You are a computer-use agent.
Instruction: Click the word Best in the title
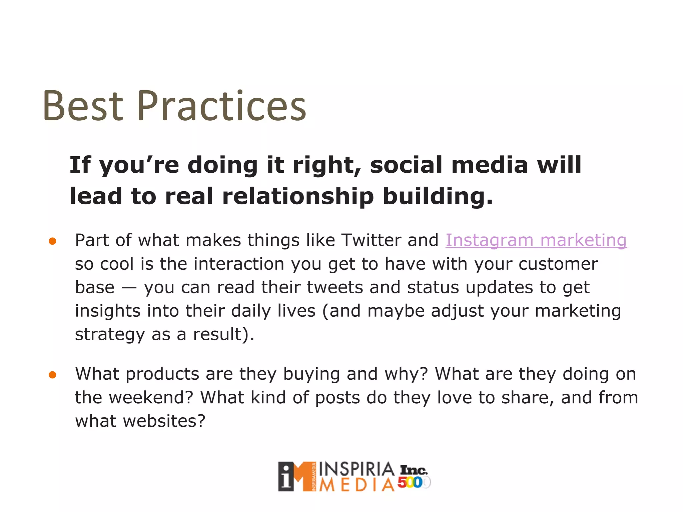click(83, 106)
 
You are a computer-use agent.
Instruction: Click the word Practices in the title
click(221, 106)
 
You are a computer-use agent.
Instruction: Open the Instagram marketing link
click(536, 240)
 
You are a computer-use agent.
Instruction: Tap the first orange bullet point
click(52, 241)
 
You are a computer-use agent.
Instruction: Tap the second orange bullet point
click(52, 375)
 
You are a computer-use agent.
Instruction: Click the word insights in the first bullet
click(107, 311)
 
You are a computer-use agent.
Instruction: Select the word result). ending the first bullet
click(224, 334)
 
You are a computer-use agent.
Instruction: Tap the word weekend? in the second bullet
click(151, 398)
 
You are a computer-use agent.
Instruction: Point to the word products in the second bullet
click(162, 374)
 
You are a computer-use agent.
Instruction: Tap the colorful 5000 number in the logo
click(413, 483)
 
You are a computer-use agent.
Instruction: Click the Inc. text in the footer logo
click(414, 470)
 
